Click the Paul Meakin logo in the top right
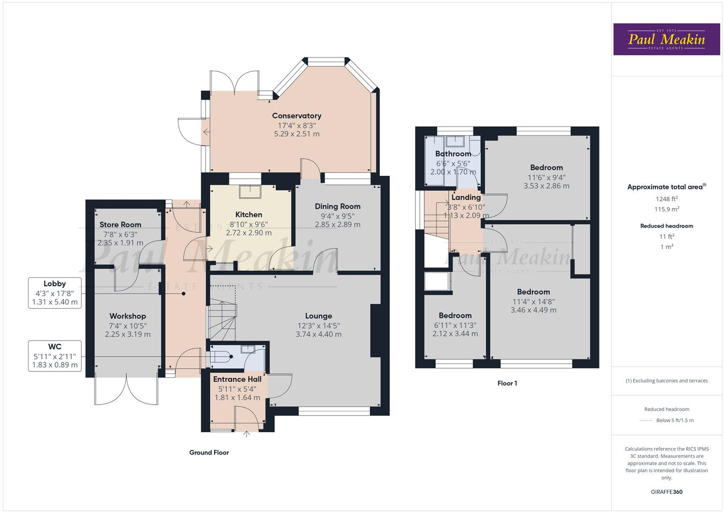click(x=667, y=39)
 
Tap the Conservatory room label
click(x=296, y=116)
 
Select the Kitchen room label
click(x=249, y=215)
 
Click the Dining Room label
click(x=338, y=207)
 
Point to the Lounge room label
click(x=319, y=316)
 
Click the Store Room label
click(x=120, y=225)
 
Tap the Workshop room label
click(x=128, y=316)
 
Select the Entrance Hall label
click(x=237, y=379)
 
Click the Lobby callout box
click(x=55, y=293)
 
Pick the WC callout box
click(x=55, y=356)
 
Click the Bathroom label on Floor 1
click(x=453, y=154)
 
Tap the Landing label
click(x=466, y=198)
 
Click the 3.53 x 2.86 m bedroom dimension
click(x=546, y=186)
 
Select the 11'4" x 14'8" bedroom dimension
click(x=533, y=301)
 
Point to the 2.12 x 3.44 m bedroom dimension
click(x=455, y=334)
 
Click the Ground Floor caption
click(x=209, y=453)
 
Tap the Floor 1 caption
click(x=507, y=383)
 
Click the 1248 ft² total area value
click(x=667, y=199)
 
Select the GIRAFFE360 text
click(x=667, y=492)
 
